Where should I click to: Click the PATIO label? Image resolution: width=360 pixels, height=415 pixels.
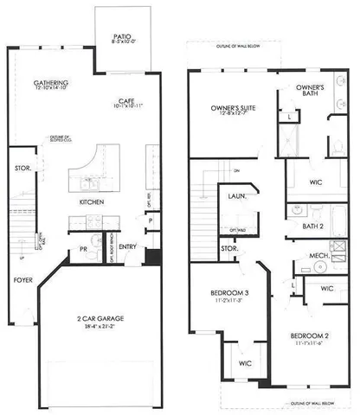[120, 37]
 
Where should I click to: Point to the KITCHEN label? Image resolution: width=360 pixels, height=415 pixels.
[92, 201]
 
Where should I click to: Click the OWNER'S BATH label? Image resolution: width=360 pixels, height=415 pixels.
[310, 92]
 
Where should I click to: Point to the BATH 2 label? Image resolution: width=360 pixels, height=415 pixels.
[312, 226]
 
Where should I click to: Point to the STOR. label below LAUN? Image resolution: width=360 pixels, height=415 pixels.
[229, 249]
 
